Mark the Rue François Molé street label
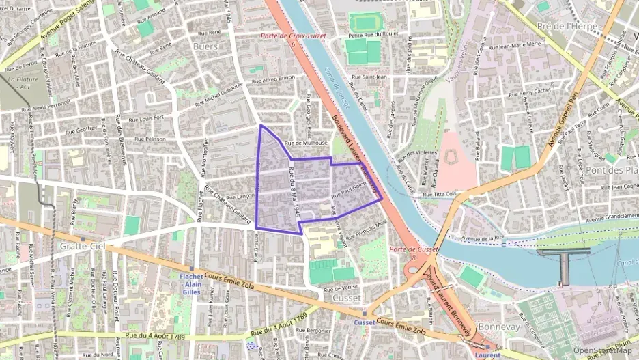coord(367,224)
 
